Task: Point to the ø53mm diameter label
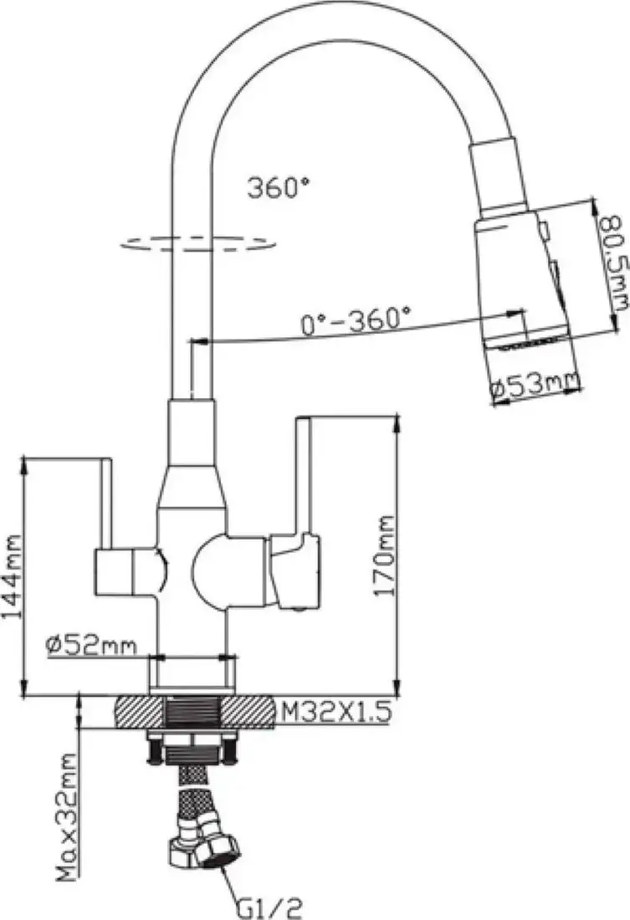(x=536, y=386)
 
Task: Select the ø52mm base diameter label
(x=92, y=645)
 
